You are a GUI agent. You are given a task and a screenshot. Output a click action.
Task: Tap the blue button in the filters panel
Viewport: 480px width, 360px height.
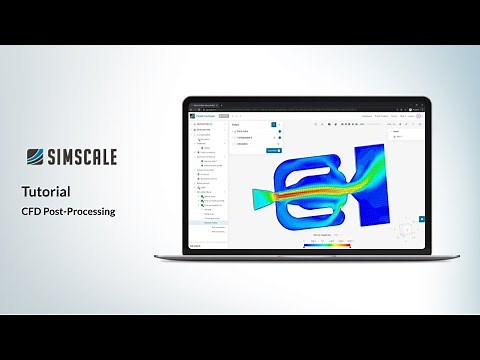point(272,149)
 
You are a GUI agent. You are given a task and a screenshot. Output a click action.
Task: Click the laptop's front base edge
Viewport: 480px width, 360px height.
point(306,256)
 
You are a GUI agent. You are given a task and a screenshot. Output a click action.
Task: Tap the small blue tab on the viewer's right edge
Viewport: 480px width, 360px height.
point(422,218)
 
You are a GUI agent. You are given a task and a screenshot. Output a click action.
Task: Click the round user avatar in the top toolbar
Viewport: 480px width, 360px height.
point(421,116)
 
